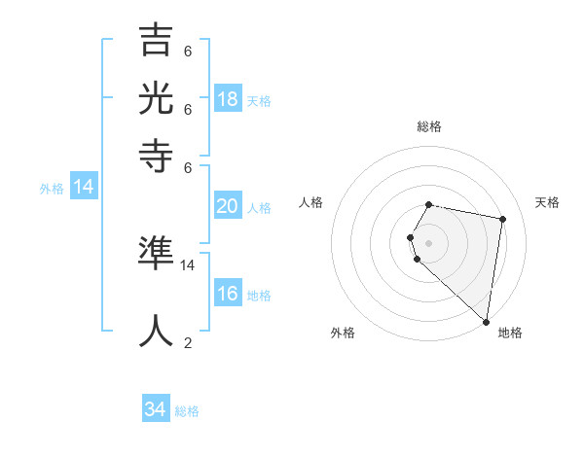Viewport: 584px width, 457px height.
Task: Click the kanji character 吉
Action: point(157,43)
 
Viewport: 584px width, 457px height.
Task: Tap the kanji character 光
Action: point(157,98)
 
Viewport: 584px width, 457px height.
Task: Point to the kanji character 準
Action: point(157,255)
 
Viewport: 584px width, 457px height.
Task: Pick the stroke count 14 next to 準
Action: point(188,264)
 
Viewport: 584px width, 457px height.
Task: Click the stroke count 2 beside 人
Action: point(188,342)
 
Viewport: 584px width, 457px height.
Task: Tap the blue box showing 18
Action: point(228,98)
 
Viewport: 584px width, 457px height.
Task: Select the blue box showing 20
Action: point(228,205)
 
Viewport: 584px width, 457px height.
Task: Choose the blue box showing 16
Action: point(228,294)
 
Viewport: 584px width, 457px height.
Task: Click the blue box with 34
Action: point(156,409)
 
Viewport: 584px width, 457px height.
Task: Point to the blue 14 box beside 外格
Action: point(84,187)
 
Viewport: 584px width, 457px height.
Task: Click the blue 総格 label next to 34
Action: point(187,411)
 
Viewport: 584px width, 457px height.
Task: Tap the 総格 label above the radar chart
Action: point(429,126)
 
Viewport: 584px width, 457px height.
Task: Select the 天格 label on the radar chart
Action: point(547,202)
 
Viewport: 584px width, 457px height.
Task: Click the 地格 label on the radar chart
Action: point(510,333)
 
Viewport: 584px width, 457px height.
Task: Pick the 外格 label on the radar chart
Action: point(343,333)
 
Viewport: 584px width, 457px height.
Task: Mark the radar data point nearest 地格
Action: point(485,320)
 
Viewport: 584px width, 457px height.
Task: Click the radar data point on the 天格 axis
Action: point(502,220)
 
